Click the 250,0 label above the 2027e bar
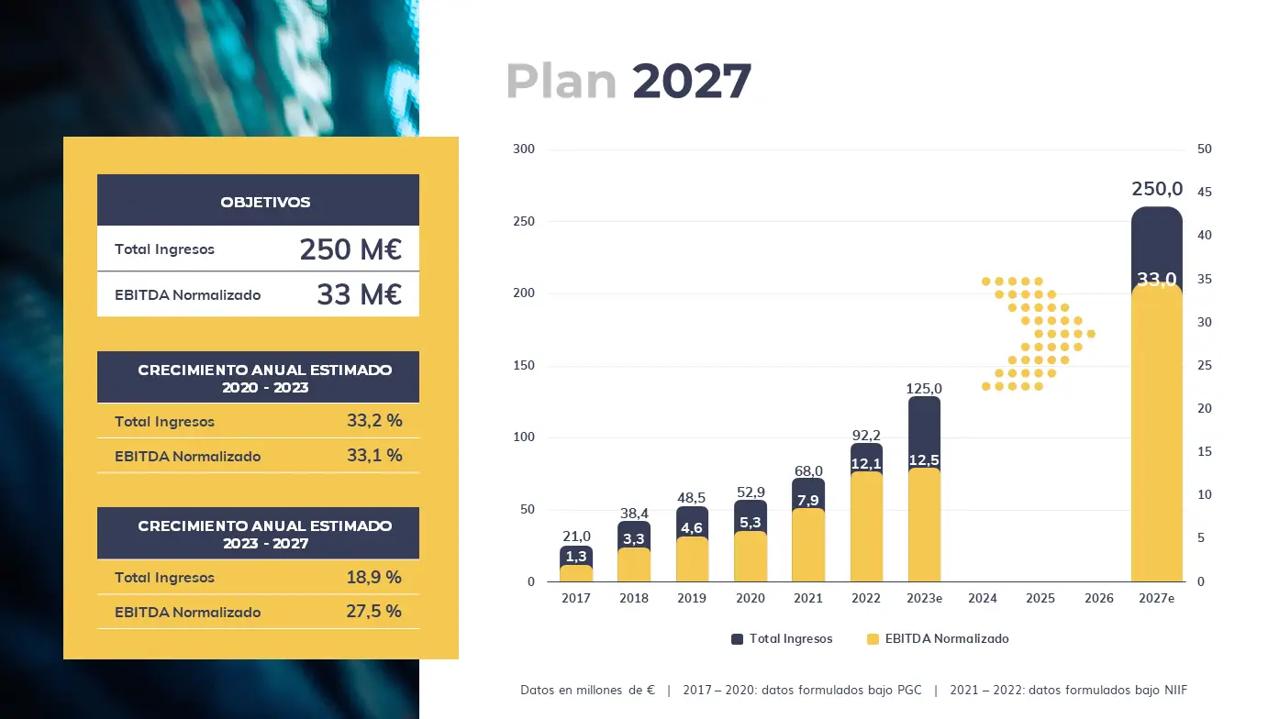pyautogui.click(x=1157, y=190)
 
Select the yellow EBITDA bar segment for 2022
pyautogui.click(x=866, y=527)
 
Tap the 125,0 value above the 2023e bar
pyautogui.click(x=924, y=389)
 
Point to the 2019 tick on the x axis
pyautogui.click(x=692, y=598)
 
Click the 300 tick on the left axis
pyautogui.click(x=524, y=149)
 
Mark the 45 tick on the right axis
pyautogui.click(x=1205, y=193)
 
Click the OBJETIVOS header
pyautogui.click(x=265, y=203)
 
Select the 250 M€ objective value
pyautogui.click(x=350, y=249)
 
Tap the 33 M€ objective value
pyautogui.click(x=359, y=295)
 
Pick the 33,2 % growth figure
pyautogui.click(x=374, y=422)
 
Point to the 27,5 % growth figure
pyautogui.click(x=373, y=612)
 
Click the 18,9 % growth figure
pyautogui.click(x=374, y=578)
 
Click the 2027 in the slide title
pyautogui.click(x=692, y=83)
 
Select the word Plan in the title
pyautogui.click(x=561, y=83)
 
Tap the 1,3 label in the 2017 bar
pyautogui.click(x=576, y=557)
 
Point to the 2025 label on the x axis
pyautogui.click(x=1040, y=598)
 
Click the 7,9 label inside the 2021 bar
pyautogui.click(x=808, y=501)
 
